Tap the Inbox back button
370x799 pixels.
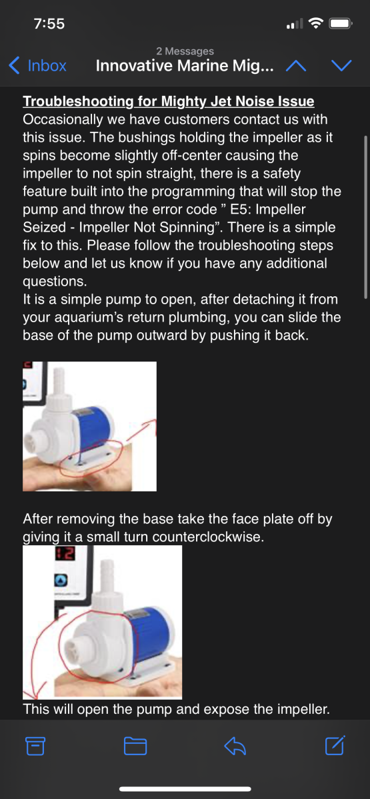pos(37,66)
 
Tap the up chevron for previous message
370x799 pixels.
pos(296,66)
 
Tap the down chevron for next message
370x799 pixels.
pos(341,66)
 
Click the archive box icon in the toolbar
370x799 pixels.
pos(35,746)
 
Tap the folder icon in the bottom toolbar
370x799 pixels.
pos(135,746)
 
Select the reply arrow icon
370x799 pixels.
pos(235,746)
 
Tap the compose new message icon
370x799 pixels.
pos(335,745)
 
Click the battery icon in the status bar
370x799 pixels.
pos(341,23)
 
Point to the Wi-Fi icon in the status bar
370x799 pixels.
pos(316,23)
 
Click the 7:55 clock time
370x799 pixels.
pos(49,24)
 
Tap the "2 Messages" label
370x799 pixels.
pos(185,51)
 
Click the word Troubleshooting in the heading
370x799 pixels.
pos(79,101)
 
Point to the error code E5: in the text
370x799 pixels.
pos(241,209)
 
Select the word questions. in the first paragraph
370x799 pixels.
pos(55,282)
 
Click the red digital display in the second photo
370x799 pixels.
pos(65,553)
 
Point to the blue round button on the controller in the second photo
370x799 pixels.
pos(61,580)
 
